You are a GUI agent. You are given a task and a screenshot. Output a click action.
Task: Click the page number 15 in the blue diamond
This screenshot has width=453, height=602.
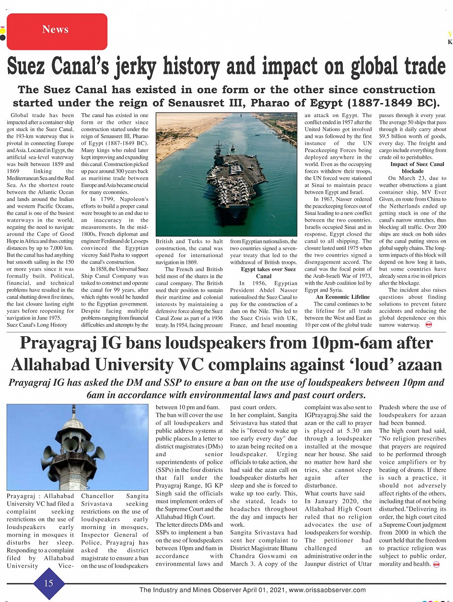(48, 583)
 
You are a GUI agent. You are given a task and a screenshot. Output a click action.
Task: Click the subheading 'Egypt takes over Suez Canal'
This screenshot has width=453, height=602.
(264, 272)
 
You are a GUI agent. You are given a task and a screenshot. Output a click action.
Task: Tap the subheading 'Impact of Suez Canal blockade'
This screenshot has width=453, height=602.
(412, 167)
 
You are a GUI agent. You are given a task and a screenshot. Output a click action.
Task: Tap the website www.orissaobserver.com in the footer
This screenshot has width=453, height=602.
(327, 590)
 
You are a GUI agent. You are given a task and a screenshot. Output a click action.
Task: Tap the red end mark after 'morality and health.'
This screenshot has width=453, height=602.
(436, 564)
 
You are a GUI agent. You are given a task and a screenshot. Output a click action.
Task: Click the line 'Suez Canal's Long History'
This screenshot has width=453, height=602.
(37, 325)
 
